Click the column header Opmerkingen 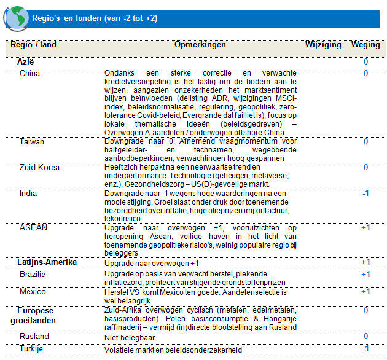[200, 45]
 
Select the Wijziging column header [323, 45]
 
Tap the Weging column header [365, 45]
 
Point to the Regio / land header [34, 45]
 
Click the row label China [30, 74]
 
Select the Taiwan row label [32, 141]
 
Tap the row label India [28, 193]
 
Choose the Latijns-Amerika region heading [47, 262]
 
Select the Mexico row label [33, 291]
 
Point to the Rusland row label [35, 337]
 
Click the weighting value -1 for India [365, 193]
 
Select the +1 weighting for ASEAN [365, 227]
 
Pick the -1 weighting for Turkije [365, 349]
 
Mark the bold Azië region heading [26, 62]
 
